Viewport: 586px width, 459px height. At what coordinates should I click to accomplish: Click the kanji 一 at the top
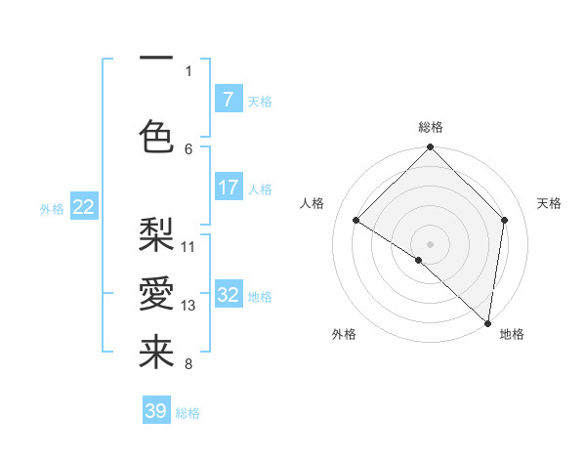(x=156, y=59)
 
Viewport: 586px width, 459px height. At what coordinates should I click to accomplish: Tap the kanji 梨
(x=156, y=234)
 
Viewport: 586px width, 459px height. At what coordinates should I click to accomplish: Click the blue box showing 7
(x=228, y=100)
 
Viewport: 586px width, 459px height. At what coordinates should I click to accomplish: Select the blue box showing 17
(x=228, y=188)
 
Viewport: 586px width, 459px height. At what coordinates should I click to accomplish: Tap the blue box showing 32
(x=228, y=296)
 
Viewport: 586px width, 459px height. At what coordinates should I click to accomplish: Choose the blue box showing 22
(x=84, y=207)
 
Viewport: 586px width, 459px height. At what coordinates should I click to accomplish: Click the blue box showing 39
(x=156, y=411)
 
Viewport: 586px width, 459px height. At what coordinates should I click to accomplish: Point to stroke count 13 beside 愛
(x=188, y=306)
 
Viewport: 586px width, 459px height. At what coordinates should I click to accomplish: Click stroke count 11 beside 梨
(x=188, y=246)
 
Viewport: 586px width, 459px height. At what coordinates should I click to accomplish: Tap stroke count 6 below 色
(x=188, y=148)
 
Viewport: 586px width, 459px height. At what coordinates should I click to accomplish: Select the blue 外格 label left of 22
(x=52, y=208)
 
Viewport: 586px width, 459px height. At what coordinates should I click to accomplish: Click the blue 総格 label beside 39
(x=188, y=413)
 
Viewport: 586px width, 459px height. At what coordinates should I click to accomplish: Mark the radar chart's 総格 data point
(x=430, y=147)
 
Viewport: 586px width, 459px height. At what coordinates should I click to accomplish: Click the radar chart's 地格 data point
(x=488, y=322)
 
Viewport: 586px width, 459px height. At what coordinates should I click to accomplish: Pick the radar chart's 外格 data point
(x=419, y=260)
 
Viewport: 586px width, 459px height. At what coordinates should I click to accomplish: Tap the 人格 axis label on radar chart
(x=312, y=203)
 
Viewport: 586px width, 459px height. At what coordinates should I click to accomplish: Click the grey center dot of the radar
(x=430, y=243)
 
